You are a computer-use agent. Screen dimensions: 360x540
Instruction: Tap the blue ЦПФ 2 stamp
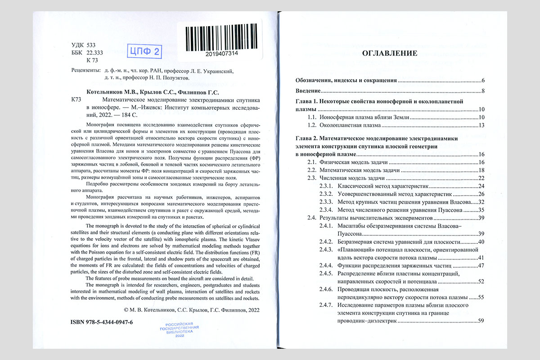pos(145,51)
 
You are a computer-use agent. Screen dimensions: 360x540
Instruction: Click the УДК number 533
pos(91,45)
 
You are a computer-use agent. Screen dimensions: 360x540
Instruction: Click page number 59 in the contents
pos(481,321)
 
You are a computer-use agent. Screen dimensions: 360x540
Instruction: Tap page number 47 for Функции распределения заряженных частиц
pos(481,265)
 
